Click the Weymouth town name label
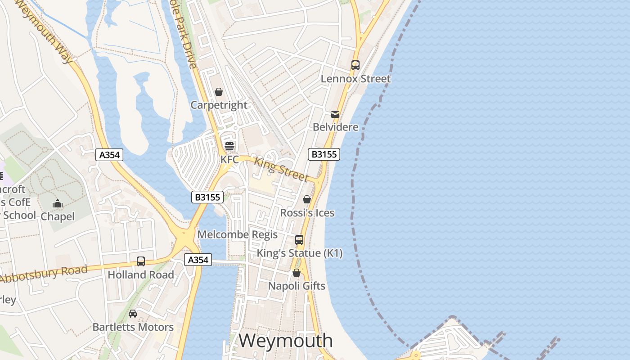[x=286, y=341]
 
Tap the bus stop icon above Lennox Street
[x=355, y=65]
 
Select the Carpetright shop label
[x=219, y=105]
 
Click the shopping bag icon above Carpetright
[x=219, y=92]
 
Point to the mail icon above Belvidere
[x=335, y=114]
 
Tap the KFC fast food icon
[x=229, y=146]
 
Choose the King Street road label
[x=281, y=169]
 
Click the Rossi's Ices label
[x=307, y=212]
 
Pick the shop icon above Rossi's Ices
[x=307, y=199]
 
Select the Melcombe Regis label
[x=238, y=234]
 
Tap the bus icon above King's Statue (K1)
[x=299, y=240]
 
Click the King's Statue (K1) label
[x=299, y=253]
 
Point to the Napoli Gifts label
[x=297, y=286]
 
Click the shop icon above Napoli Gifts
[x=297, y=273]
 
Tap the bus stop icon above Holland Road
[x=141, y=261]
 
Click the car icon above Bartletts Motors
[x=133, y=314]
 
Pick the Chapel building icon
[x=58, y=204]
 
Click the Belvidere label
[x=336, y=127]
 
